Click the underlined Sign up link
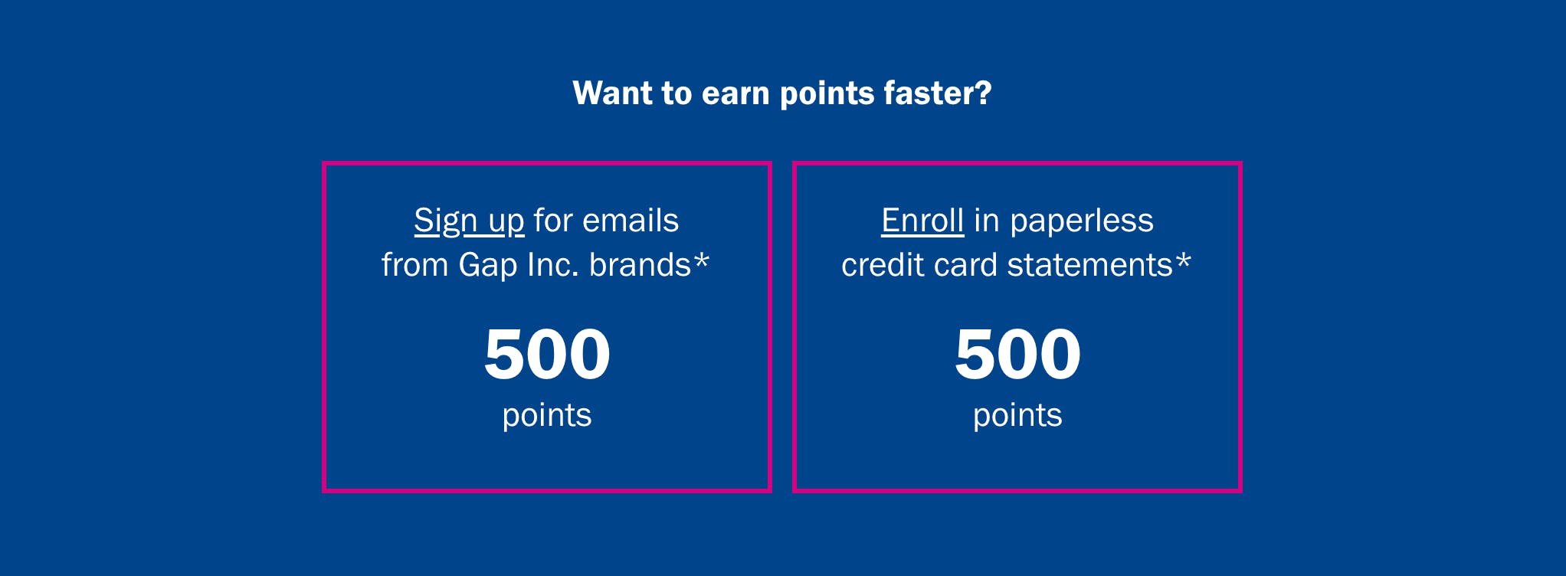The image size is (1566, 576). [x=469, y=221]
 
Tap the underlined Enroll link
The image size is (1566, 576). [x=922, y=221]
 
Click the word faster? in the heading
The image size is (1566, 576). [x=938, y=93]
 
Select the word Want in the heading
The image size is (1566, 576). [x=612, y=93]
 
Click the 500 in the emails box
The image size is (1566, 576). [x=547, y=354]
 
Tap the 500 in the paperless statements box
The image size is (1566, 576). [x=1017, y=354]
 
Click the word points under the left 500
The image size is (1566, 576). [x=547, y=416]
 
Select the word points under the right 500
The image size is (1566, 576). [x=1017, y=416]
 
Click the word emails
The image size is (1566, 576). [x=631, y=221]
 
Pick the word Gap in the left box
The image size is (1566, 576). [x=488, y=266]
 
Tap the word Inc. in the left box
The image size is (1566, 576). [x=552, y=265]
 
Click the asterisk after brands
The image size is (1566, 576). [x=702, y=260]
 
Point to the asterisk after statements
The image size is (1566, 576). [x=1184, y=260]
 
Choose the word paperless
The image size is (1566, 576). [x=1082, y=221]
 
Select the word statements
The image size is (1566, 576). [x=1089, y=265]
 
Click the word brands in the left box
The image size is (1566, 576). [x=640, y=265]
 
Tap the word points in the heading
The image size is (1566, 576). [x=827, y=95]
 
